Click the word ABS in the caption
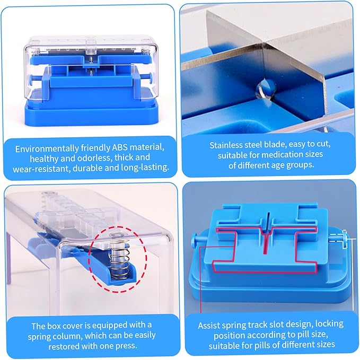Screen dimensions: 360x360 120,147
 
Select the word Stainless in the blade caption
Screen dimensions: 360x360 226,145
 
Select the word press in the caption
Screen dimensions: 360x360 127,346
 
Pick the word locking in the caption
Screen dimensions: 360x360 329,324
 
